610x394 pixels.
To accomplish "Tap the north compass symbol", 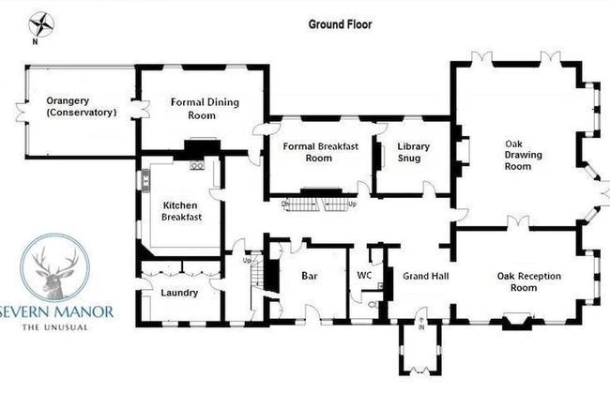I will [x=42, y=24].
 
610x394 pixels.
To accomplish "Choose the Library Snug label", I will [x=413, y=152].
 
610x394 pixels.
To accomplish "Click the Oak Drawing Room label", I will [x=517, y=154].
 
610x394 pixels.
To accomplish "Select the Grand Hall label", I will [x=425, y=277].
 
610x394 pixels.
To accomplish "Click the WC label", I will [x=366, y=276].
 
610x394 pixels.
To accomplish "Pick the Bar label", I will [x=311, y=277].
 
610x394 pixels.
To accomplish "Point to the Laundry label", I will [x=179, y=293].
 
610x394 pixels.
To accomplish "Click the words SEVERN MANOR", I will [x=57, y=311].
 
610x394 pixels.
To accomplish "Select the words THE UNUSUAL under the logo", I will [x=57, y=326].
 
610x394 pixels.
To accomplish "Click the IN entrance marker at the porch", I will [x=421, y=328].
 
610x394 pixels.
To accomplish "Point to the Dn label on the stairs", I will [x=284, y=203].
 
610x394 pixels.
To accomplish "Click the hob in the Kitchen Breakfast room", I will [x=198, y=166].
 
